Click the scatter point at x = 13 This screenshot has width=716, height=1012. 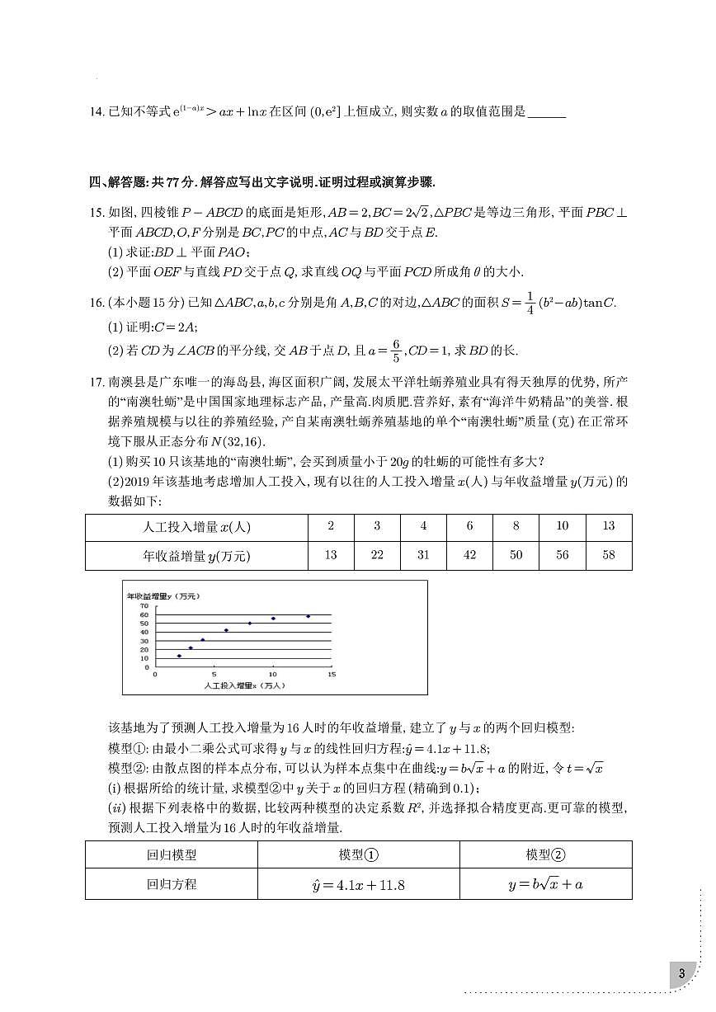(308, 616)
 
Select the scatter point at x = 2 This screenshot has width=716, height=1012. (179, 656)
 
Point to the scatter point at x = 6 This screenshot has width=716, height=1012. (226, 630)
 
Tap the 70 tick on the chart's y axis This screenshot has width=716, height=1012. (144, 605)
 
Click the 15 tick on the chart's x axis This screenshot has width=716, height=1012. (332, 675)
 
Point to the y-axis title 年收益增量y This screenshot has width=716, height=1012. (163, 595)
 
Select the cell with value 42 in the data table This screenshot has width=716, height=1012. (469, 555)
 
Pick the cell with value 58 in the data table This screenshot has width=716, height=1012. (609, 555)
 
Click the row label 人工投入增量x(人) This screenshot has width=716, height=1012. (196, 527)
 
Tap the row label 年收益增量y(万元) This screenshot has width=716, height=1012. (196, 555)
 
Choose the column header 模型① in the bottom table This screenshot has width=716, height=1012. (358, 855)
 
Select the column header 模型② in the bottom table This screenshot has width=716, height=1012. (545, 855)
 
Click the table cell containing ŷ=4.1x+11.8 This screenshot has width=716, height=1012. (358, 884)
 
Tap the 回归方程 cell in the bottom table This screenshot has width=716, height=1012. (172, 884)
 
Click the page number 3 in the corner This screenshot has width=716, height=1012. (681, 973)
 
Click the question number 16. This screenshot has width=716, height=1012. (96, 303)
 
